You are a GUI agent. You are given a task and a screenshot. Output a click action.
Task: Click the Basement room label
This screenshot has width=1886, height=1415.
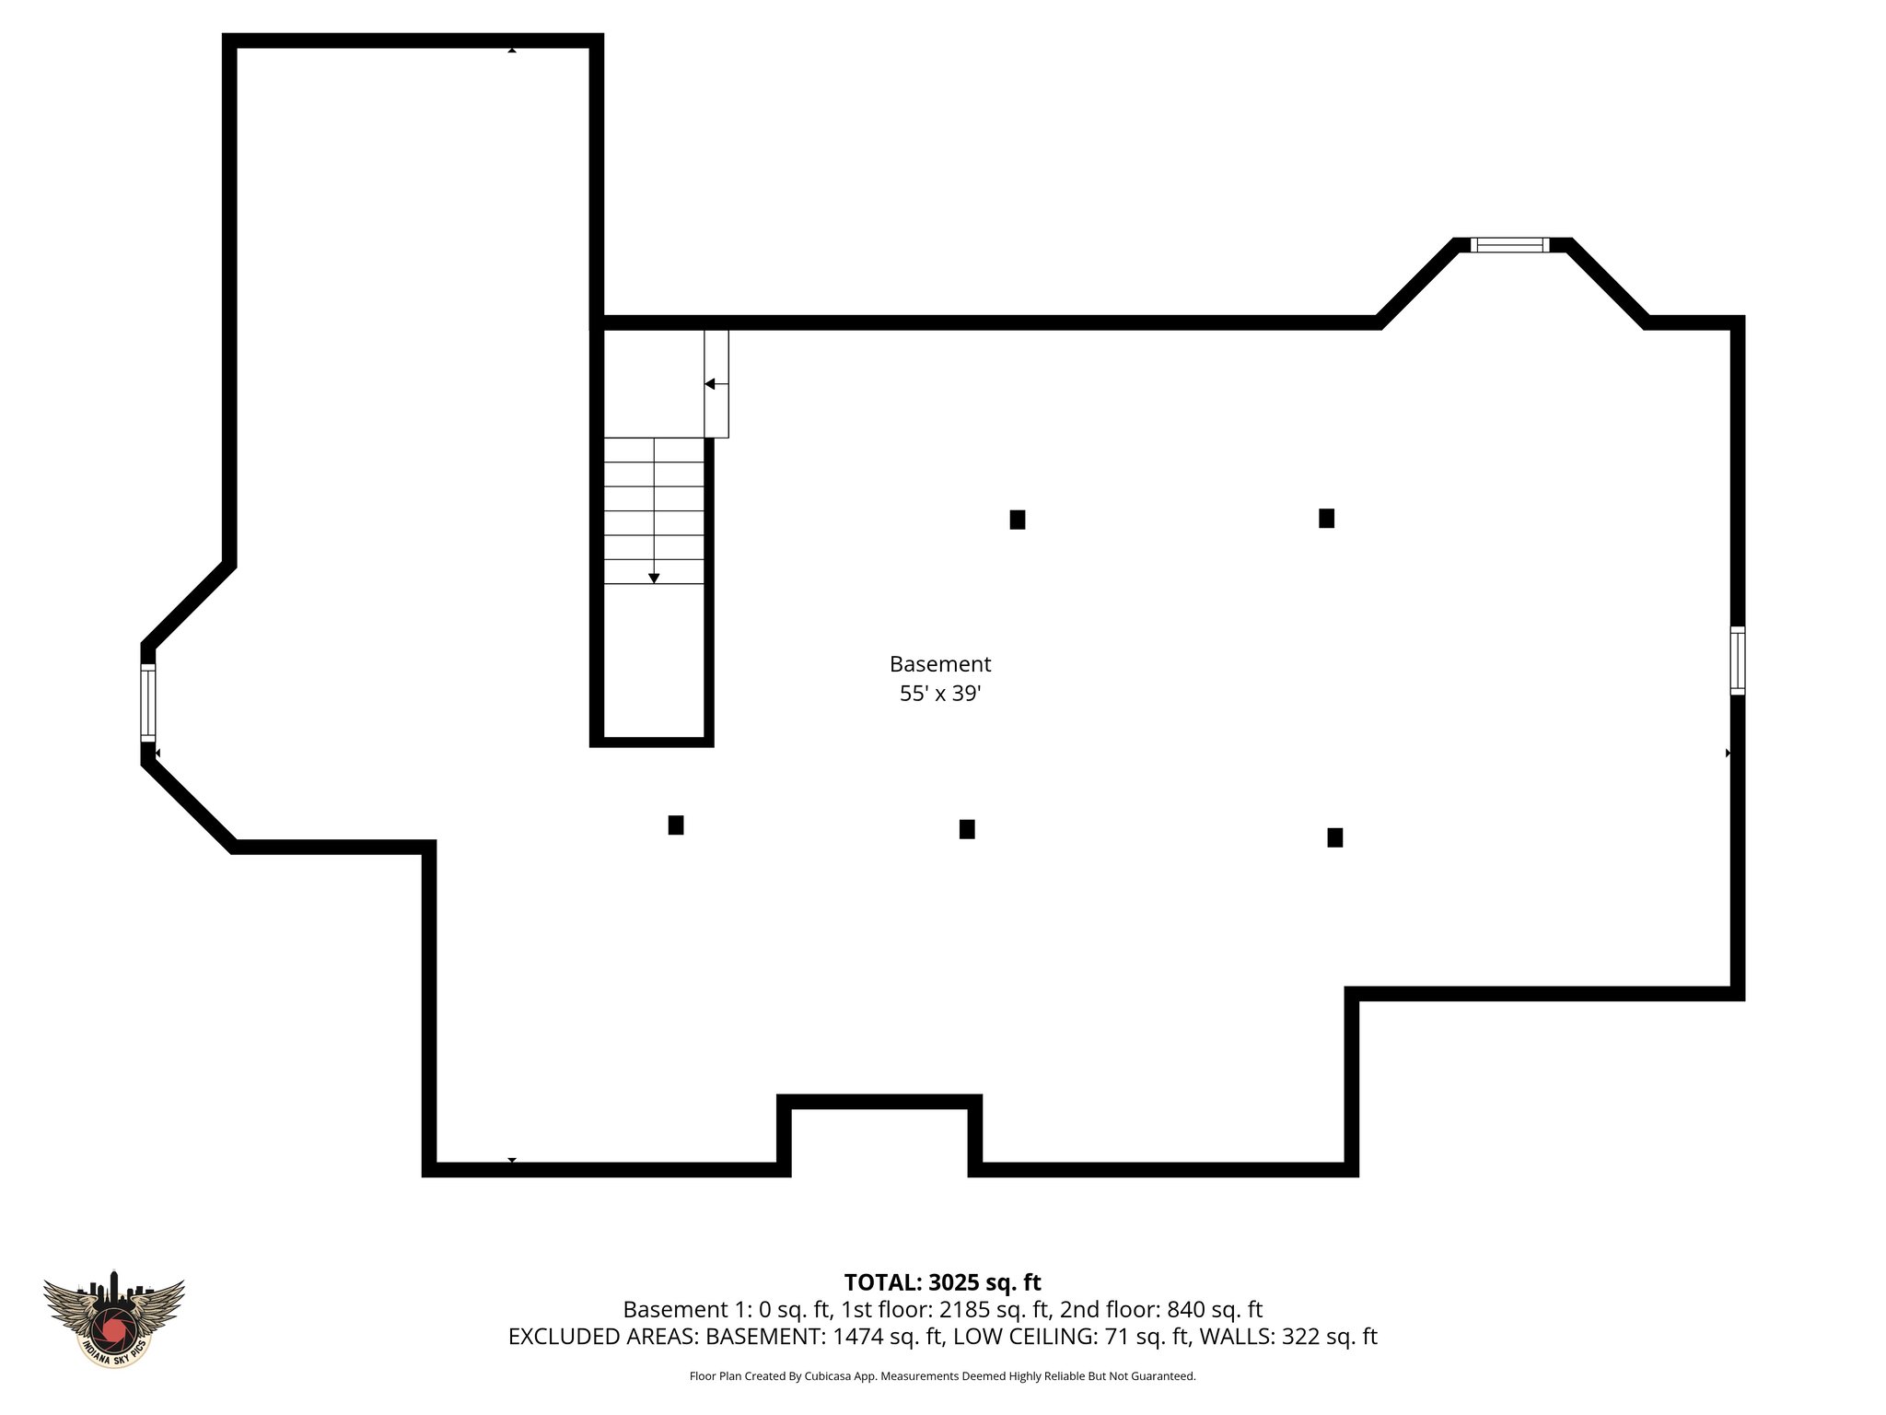(x=939, y=664)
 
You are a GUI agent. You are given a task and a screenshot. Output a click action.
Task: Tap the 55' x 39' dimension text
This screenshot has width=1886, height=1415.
(x=939, y=694)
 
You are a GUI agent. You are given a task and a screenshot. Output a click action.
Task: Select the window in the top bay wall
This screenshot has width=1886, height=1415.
(x=1509, y=245)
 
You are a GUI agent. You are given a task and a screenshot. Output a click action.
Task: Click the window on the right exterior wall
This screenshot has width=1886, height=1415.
(x=1737, y=661)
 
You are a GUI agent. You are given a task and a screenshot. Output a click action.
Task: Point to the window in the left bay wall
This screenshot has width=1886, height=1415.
(x=148, y=703)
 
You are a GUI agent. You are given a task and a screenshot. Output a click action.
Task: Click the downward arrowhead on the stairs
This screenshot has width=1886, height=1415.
(x=654, y=578)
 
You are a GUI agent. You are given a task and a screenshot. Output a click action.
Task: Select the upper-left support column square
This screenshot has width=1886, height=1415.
(x=1018, y=520)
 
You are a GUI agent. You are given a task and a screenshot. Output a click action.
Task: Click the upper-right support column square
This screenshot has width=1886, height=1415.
(x=1326, y=519)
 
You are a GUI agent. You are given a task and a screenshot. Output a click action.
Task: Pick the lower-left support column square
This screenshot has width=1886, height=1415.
(x=676, y=825)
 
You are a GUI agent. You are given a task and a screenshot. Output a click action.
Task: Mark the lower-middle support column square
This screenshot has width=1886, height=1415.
(x=967, y=829)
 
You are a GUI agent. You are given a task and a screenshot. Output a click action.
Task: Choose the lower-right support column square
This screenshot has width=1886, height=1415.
(x=1334, y=837)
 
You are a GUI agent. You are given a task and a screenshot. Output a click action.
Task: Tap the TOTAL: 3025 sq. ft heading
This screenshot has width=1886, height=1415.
(x=942, y=1282)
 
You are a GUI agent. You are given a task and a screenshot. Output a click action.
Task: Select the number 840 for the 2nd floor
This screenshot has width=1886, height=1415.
(x=1185, y=1310)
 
